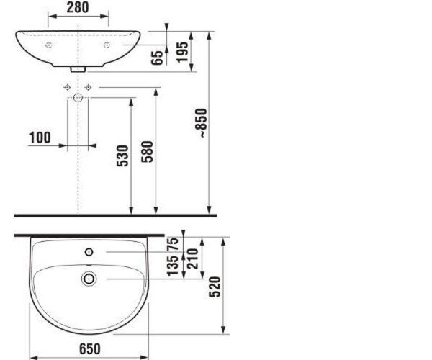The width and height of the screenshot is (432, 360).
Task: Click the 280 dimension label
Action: click(78, 7)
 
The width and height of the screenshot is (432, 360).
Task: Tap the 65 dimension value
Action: click(157, 58)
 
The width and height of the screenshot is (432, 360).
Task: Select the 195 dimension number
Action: click(182, 53)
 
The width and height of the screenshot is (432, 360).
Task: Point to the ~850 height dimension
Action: click(201, 123)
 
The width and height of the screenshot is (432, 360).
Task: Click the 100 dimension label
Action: click(40, 138)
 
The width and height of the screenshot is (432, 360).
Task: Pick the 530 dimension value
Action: click(122, 156)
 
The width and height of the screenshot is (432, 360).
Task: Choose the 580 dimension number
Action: click(147, 152)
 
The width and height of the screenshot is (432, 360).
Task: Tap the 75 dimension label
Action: click(173, 244)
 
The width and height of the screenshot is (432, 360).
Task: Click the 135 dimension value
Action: click(173, 266)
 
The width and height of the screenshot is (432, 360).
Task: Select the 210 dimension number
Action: click(192, 258)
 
